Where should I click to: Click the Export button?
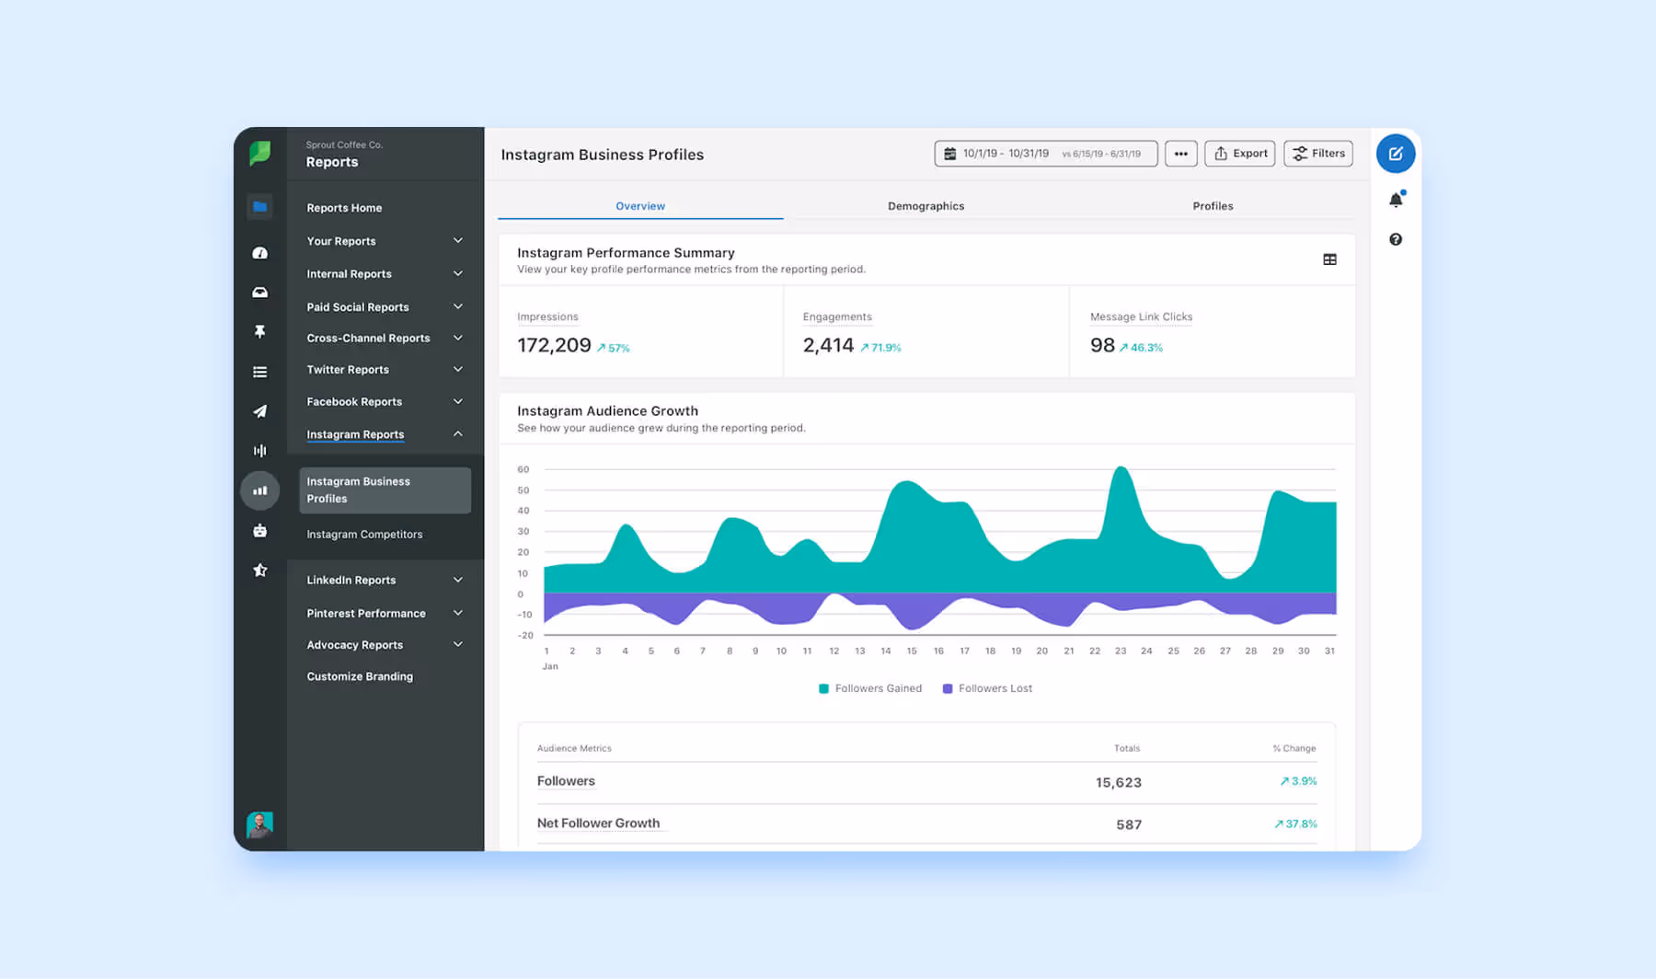pyautogui.click(x=1239, y=154)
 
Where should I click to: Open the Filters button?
pyautogui.click(x=1317, y=154)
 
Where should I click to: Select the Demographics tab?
pyautogui.click(x=926, y=206)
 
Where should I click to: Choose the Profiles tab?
pyautogui.click(x=1213, y=206)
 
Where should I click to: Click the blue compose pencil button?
pyautogui.click(x=1395, y=154)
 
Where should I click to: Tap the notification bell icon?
pyautogui.click(x=1396, y=200)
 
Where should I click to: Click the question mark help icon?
pyautogui.click(x=1396, y=239)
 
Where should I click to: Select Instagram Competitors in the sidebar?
pyautogui.click(x=364, y=535)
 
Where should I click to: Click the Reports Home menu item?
pyautogui.click(x=344, y=208)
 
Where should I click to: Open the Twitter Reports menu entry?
pyautogui.click(x=348, y=370)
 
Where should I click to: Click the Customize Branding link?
pyautogui.click(x=360, y=676)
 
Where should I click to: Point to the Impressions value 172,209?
pyautogui.click(x=554, y=345)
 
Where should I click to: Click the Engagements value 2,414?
pyautogui.click(x=828, y=345)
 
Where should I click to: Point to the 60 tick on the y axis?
pyautogui.click(x=523, y=469)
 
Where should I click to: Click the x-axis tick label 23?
pyautogui.click(x=1121, y=651)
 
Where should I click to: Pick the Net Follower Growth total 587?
pyautogui.click(x=1129, y=824)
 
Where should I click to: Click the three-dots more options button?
pyautogui.click(x=1180, y=154)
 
